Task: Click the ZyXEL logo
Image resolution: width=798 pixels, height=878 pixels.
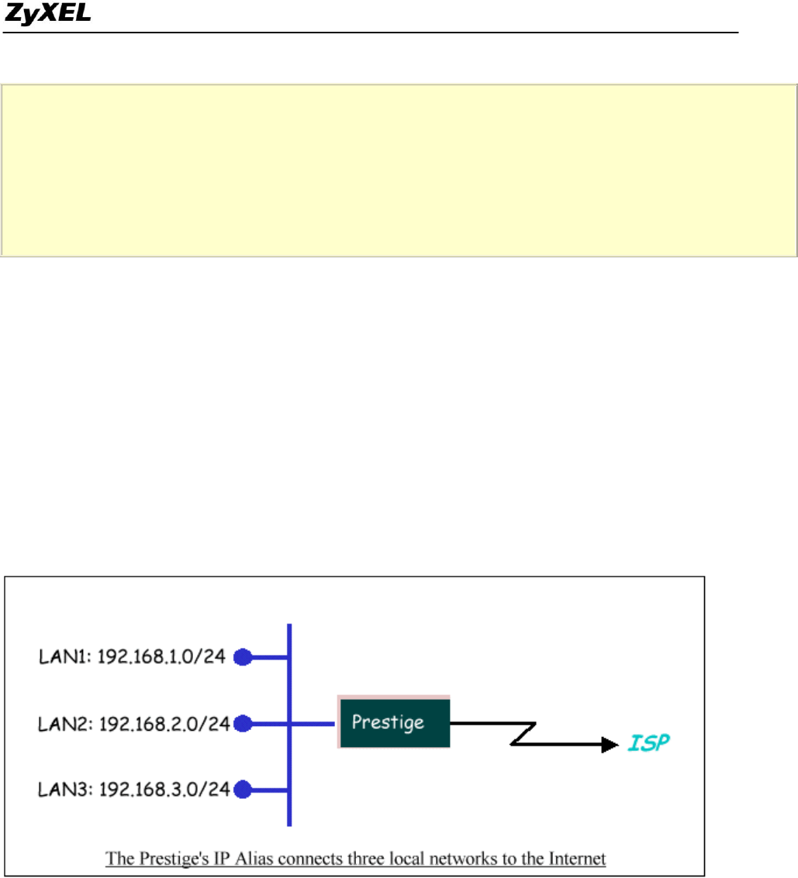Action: pos(47,14)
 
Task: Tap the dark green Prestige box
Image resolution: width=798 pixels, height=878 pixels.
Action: pos(394,722)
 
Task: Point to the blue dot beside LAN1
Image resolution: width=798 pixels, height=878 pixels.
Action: pos(243,658)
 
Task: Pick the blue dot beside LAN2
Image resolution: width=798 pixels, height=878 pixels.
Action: pos(243,724)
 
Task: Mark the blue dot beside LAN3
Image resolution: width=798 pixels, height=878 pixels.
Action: pos(243,790)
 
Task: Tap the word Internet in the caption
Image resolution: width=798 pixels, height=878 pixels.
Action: pos(577,859)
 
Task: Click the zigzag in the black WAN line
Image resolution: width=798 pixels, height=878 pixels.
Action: pos(523,734)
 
